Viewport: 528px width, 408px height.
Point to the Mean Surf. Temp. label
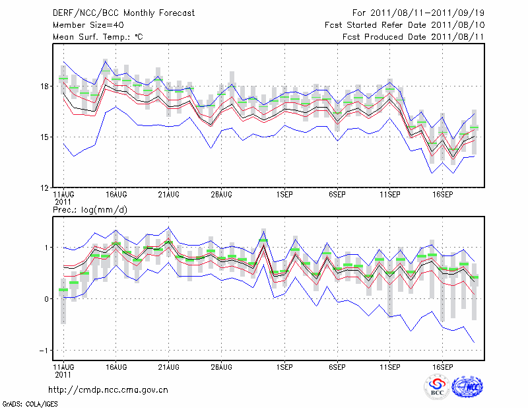98,37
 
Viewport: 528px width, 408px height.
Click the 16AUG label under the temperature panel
116,195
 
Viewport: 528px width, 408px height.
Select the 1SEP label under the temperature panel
284,195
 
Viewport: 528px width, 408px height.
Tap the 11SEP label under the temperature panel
389,195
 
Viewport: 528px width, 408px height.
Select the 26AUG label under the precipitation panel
221,366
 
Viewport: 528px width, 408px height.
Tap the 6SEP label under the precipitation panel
337,366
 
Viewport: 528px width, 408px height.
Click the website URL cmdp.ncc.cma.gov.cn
109,390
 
